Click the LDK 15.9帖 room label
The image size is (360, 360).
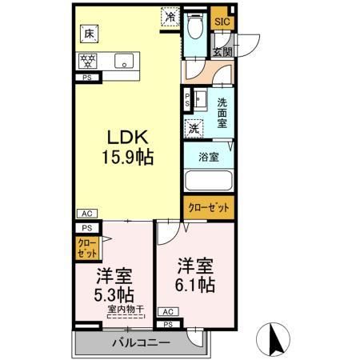click(x=126, y=144)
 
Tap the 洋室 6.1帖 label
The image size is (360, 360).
click(x=194, y=274)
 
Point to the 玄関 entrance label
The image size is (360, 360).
click(x=222, y=50)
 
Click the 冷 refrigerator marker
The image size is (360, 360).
click(x=170, y=14)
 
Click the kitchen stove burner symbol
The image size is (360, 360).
click(x=88, y=59)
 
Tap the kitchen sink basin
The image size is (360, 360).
click(x=123, y=60)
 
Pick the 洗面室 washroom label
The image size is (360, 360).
click(x=223, y=108)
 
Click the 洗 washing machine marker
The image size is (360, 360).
click(x=194, y=126)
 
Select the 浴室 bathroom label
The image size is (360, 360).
click(x=209, y=157)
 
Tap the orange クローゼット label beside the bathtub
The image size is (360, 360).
click(x=208, y=207)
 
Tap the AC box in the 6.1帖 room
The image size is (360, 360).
click(x=168, y=312)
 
